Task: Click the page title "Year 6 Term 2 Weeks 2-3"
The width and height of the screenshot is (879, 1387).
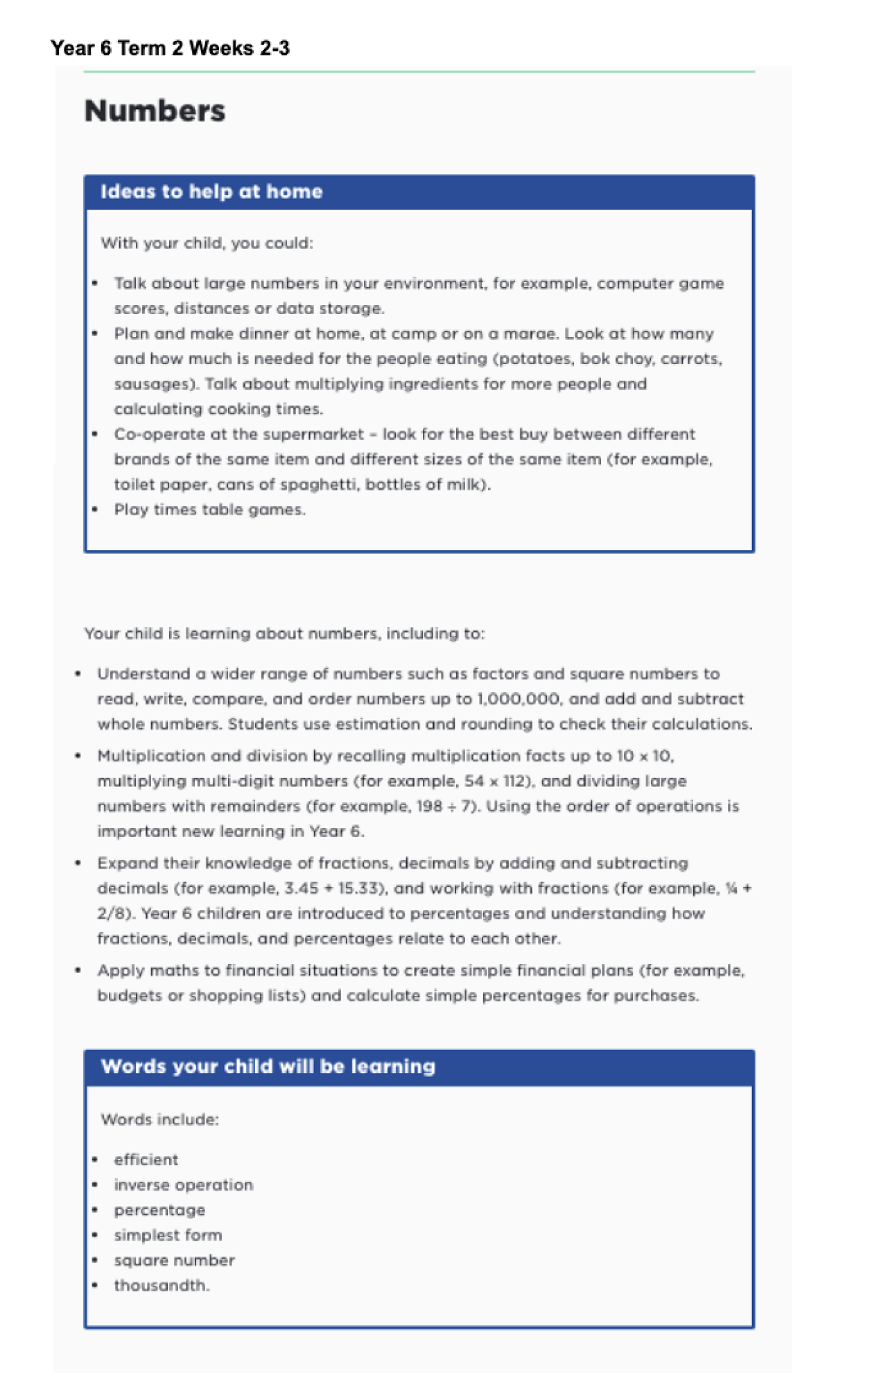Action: coord(170,48)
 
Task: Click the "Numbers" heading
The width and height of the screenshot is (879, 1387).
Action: coord(155,111)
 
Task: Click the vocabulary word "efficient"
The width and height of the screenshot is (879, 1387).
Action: coord(146,1160)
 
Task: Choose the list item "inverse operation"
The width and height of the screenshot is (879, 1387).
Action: coord(183,1184)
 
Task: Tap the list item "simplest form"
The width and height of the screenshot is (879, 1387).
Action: coord(168,1235)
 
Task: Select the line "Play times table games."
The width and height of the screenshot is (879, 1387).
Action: coord(209,510)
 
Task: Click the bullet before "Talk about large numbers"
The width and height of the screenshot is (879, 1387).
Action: coord(95,283)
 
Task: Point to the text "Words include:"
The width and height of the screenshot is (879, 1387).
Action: coord(159,1119)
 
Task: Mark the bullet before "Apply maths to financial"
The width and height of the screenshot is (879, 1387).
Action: coord(78,970)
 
